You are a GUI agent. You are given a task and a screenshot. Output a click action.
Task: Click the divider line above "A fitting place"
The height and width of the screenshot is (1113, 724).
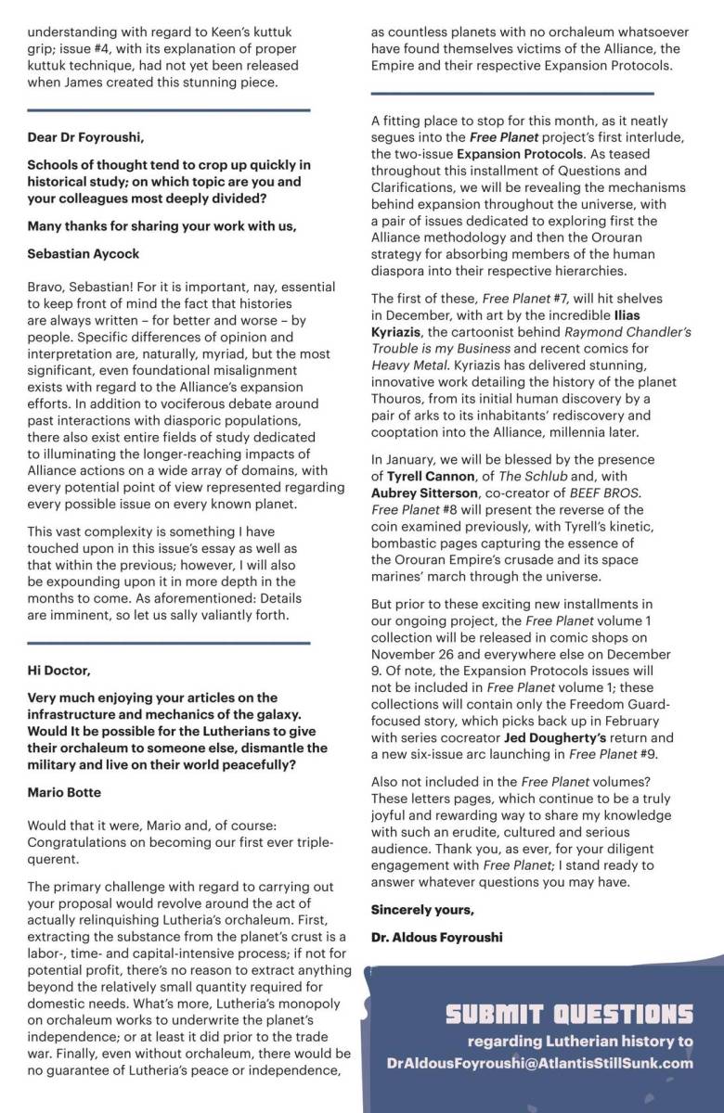tap(511, 93)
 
